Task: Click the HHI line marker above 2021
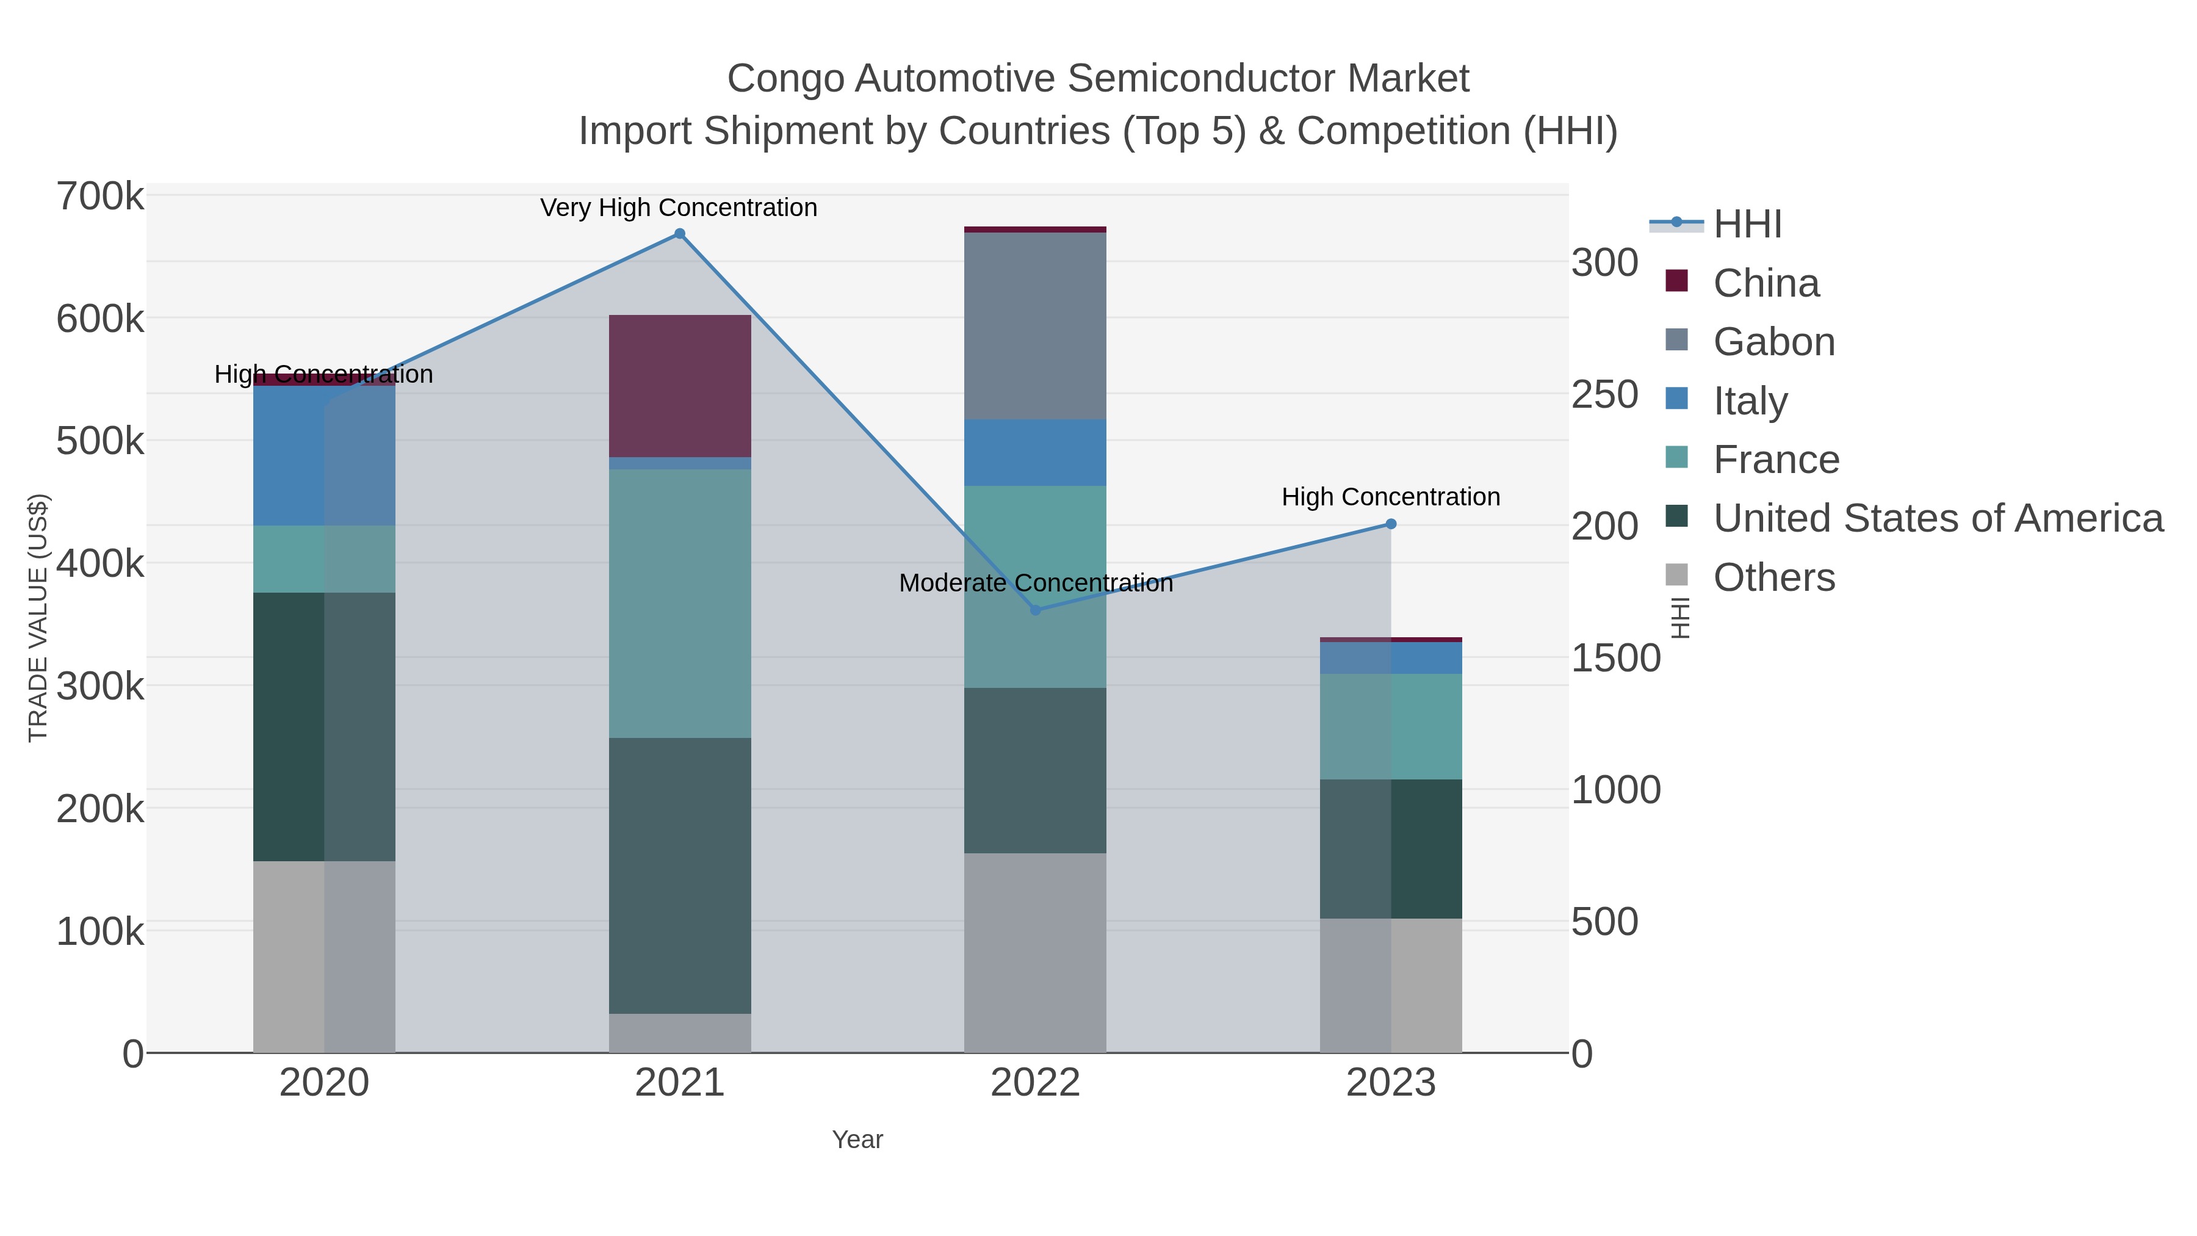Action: click(x=680, y=234)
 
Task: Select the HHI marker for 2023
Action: click(x=1391, y=524)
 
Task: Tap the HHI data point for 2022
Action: click(x=1036, y=610)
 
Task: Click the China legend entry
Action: click(x=1766, y=283)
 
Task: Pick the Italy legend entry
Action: click(x=1750, y=401)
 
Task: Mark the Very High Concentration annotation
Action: click(x=679, y=208)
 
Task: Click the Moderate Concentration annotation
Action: click(x=1036, y=584)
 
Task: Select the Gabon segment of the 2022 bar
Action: click(x=1036, y=326)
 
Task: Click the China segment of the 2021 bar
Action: click(x=680, y=386)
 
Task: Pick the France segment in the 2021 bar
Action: click(x=680, y=603)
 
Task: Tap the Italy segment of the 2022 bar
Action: click(x=1036, y=452)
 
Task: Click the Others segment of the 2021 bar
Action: click(x=680, y=1033)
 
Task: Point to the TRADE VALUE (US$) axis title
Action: click(x=38, y=618)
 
